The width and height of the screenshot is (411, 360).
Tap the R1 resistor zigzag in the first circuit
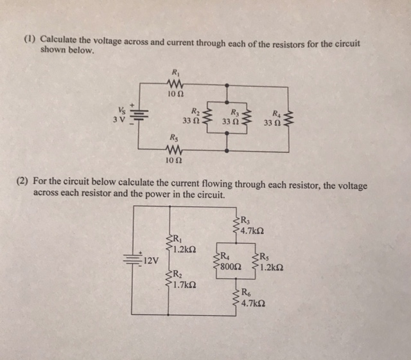pos(175,83)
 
